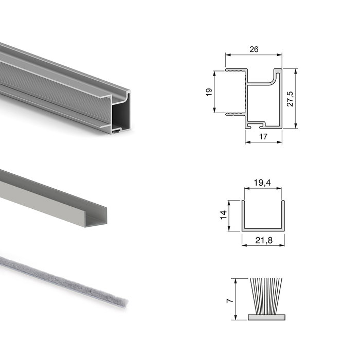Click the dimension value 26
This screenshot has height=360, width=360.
[x=254, y=49]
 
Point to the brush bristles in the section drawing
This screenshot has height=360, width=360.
[x=265, y=296]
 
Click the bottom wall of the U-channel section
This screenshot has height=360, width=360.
[x=262, y=229]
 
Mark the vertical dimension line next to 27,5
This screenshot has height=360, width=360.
[x=297, y=99]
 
